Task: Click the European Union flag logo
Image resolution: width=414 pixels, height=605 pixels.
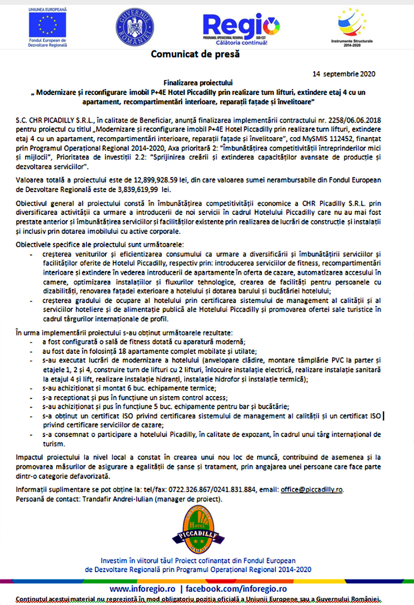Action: (47, 25)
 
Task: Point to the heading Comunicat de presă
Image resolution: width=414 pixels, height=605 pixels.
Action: (195, 54)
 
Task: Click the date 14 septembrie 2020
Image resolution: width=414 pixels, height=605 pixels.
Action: (344, 74)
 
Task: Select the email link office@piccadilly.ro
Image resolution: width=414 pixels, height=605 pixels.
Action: (312, 490)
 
